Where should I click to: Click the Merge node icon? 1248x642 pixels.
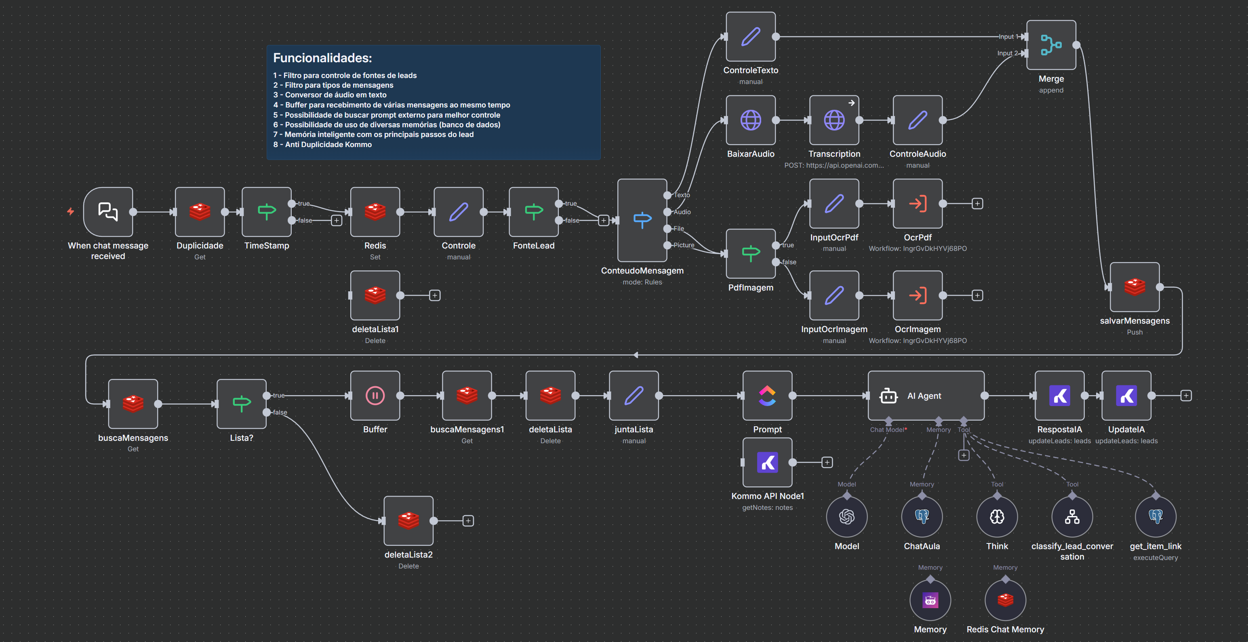[x=1051, y=45]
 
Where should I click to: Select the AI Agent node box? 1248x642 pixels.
[x=925, y=396]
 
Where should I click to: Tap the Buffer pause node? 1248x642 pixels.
[x=375, y=396]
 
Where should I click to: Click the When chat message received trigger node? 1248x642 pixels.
[x=108, y=212]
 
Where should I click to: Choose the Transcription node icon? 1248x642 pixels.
[x=834, y=120]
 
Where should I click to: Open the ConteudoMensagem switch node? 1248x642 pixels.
[x=642, y=221]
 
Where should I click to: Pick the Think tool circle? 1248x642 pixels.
[x=997, y=516]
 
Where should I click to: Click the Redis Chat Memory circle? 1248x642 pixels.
[x=1005, y=600]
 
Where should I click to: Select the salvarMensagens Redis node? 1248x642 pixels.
[x=1134, y=287]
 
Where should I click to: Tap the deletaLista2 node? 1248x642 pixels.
[x=408, y=521]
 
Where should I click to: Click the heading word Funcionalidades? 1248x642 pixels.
[x=322, y=58]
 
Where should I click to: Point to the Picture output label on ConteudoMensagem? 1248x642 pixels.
[x=684, y=245]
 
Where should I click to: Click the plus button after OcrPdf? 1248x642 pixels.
[x=977, y=204]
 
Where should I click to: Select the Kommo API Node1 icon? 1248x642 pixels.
[x=767, y=463]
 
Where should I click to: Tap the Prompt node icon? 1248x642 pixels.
[x=767, y=396]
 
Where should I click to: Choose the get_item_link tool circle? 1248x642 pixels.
[x=1155, y=516]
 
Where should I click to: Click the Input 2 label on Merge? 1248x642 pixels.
[x=1007, y=53]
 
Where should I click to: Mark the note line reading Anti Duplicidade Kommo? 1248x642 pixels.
[x=328, y=144]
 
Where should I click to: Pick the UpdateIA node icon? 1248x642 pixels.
[x=1126, y=396]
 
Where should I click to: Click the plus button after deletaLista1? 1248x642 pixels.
[x=435, y=296]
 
